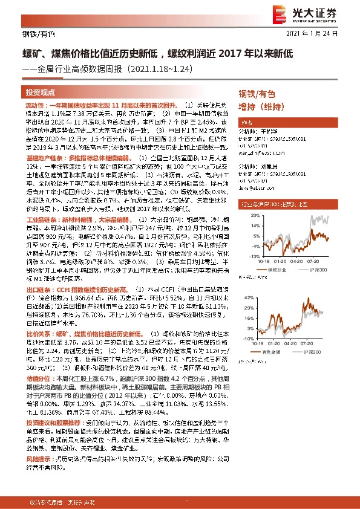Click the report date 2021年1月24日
click(x=324, y=33)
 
